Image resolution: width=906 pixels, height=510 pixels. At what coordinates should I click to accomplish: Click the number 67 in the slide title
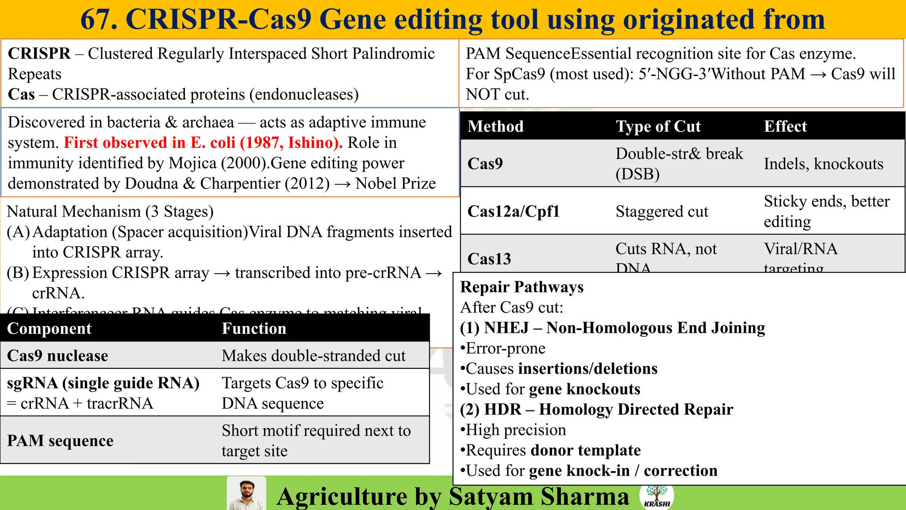98,19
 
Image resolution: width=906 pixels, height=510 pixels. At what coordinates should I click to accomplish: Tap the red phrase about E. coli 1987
203,143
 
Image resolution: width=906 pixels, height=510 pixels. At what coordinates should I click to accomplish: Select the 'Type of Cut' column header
658,127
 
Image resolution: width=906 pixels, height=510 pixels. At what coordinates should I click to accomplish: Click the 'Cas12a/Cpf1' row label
514,211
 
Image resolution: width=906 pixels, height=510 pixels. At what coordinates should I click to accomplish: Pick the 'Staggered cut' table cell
661,212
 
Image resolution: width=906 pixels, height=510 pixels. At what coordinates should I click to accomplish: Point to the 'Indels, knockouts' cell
823,164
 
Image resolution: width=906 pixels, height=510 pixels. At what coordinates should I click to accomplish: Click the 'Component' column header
49,328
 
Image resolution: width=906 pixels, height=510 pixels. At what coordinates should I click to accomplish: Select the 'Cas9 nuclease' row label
58,355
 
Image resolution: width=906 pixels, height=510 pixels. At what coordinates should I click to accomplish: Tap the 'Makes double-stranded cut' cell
313,355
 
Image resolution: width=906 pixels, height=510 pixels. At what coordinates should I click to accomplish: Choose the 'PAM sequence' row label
60,440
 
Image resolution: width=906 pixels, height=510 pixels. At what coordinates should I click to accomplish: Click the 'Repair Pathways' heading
522,287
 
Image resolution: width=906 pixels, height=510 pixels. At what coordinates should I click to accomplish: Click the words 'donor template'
585,450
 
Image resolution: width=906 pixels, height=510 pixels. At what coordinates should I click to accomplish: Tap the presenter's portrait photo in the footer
246,494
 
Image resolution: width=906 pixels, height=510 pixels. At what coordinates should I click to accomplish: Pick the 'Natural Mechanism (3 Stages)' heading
110,212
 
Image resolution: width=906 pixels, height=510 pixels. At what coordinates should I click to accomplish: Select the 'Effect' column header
785,127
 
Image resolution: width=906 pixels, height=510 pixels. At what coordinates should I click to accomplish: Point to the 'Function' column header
254,328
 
